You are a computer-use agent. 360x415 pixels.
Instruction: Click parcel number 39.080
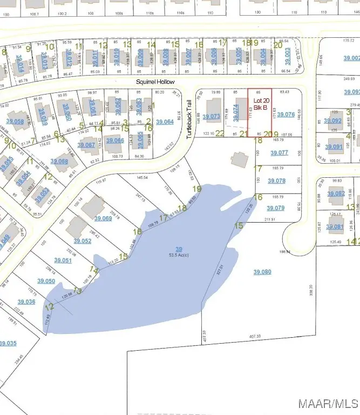262,272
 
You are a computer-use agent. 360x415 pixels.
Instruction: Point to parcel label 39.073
212,116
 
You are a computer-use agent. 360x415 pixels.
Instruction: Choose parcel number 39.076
286,114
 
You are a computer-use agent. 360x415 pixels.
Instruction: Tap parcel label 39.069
103,218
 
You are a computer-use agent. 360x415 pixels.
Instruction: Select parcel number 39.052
83,241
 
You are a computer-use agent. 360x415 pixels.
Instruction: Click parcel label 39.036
26,302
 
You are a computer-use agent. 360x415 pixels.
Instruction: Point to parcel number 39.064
165,122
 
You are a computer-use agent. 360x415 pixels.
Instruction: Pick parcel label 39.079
275,208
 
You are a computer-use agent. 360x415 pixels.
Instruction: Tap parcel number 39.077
279,153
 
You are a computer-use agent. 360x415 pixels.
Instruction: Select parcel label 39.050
46,281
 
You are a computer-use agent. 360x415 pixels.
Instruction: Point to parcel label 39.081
335,227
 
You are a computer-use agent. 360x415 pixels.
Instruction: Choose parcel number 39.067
86,145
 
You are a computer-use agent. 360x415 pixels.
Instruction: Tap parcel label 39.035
8,343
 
